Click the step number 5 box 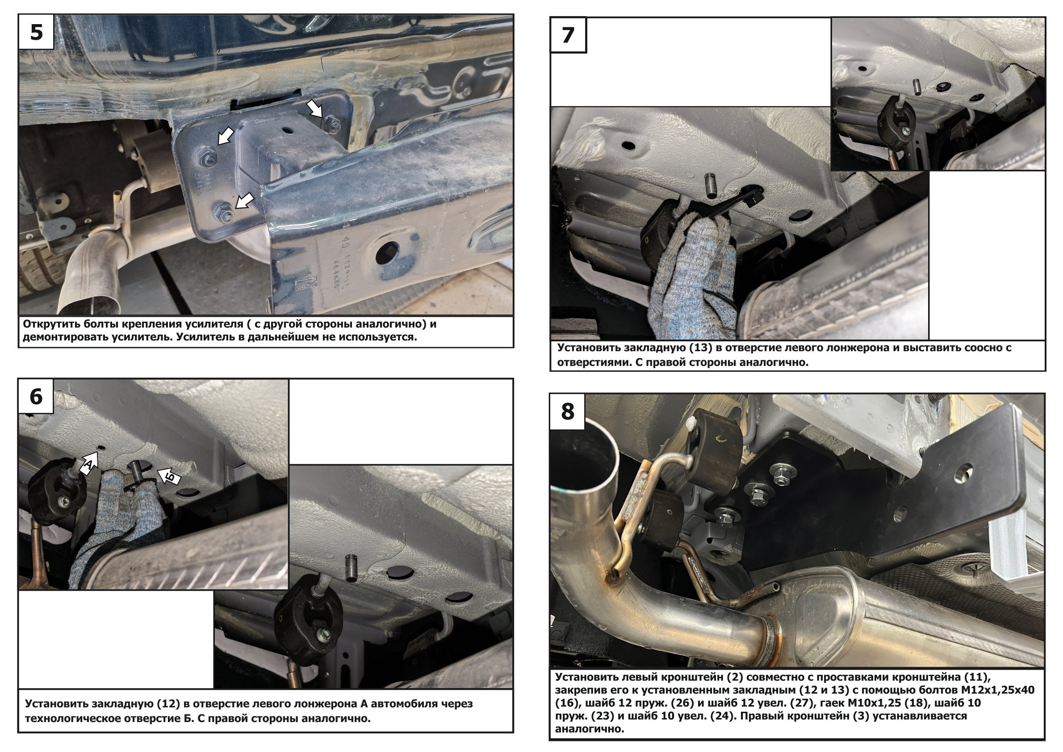(37, 32)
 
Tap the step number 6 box (36, 396)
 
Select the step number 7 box (568, 35)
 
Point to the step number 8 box (568, 411)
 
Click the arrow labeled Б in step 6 (168, 476)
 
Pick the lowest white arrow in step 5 (245, 201)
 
